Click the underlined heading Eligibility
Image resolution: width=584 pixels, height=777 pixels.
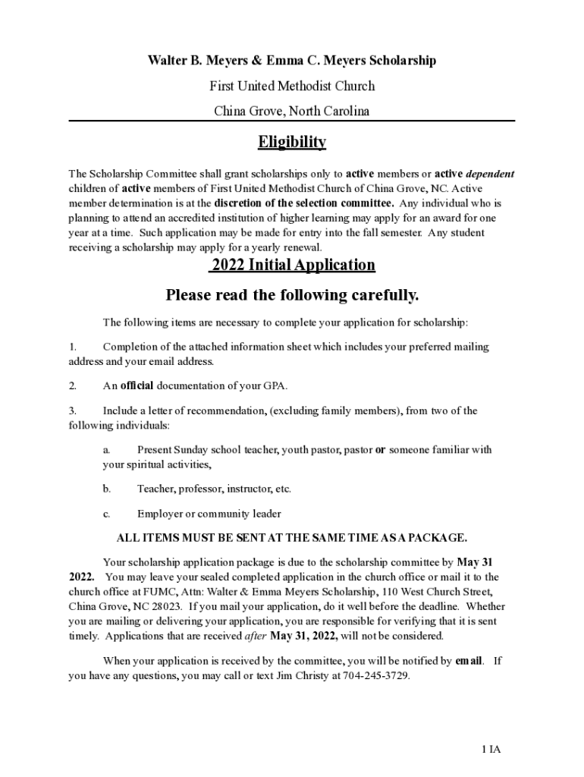tap(292, 143)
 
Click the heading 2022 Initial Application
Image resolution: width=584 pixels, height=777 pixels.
tap(293, 265)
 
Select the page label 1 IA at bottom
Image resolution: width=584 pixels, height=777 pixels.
tap(491, 750)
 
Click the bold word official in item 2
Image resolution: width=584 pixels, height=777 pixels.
tap(137, 385)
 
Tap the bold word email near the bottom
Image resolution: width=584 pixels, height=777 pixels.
tap(469, 661)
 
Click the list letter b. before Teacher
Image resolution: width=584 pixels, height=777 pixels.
tap(107, 489)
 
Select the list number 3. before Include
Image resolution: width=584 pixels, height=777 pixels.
tap(73, 411)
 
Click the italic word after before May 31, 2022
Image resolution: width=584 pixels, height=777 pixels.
tap(256, 636)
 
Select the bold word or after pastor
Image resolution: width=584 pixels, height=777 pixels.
tap(381, 450)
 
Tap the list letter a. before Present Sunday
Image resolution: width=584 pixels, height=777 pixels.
tap(107, 450)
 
